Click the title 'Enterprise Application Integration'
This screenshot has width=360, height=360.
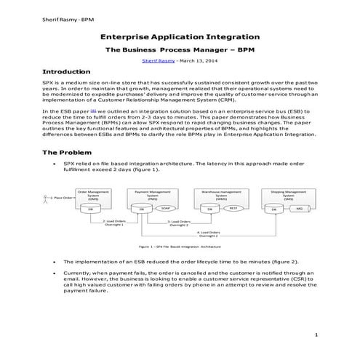point(180,36)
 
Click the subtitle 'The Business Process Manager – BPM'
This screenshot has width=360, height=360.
point(180,51)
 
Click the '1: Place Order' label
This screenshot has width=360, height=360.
point(63,198)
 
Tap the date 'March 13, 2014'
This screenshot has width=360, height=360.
point(197,63)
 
